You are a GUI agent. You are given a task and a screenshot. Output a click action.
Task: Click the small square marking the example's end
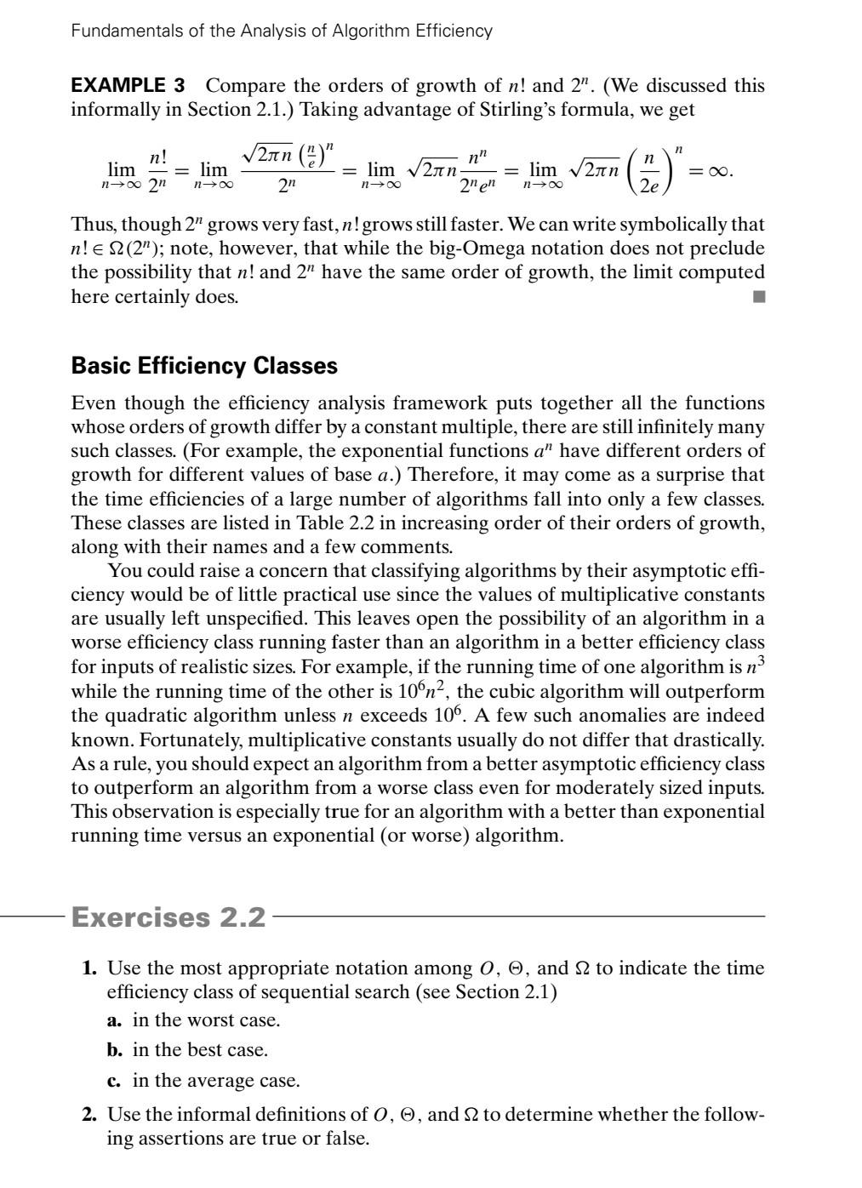coord(758,297)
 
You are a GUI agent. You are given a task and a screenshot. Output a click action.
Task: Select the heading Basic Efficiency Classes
coord(204,366)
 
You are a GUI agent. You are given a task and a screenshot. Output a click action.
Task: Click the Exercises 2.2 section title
coord(168,917)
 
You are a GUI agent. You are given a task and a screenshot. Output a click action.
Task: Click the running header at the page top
coord(281,31)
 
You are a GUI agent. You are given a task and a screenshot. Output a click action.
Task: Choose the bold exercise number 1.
coord(90,968)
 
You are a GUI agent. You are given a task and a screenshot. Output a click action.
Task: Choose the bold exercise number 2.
coord(90,1115)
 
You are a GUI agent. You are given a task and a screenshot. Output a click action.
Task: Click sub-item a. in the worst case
coord(193,1020)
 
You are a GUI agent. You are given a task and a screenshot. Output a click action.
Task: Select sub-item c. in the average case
coord(203,1081)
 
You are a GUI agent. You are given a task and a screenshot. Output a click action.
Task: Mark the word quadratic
coord(148,717)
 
